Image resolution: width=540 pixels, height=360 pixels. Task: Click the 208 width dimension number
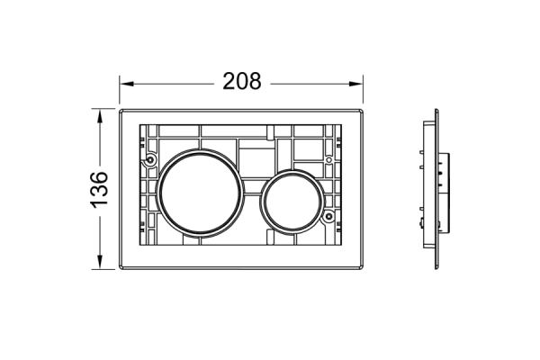[x=242, y=82]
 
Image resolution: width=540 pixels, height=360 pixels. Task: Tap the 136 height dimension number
[x=100, y=190]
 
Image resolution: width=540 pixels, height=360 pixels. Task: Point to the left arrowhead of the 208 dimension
[x=126, y=84]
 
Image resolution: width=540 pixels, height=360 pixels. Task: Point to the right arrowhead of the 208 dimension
[x=355, y=84]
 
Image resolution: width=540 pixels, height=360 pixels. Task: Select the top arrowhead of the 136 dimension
[x=100, y=116]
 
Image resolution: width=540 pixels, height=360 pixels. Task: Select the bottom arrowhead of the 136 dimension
[x=100, y=262]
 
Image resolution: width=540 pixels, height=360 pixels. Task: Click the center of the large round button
[x=200, y=193]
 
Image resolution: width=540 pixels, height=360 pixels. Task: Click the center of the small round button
[x=292, y=202]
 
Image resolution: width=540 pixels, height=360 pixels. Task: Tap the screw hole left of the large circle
[x=150, y=159]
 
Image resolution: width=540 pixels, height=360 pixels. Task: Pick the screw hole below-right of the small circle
[x=328, y=216]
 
